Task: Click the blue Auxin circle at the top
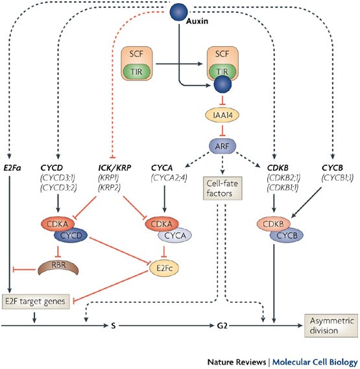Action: pyautogui.click(x=179, y=12)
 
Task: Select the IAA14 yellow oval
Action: pyautogui.click(x=222, y=115)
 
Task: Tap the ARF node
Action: pyautogui.click(x=222, y=146)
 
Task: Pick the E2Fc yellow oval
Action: pyautogui.click(x=164, y=268)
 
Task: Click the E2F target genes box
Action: pyautogui.click(x=36, y=302)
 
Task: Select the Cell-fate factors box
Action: pyautogui.click(x=222, y=188)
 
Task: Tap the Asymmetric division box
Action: pyautogui.click(x=331, y=326)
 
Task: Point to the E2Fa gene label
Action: pyautogui.click(x=12, y=168)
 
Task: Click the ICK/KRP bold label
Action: pyautogui.click(x=115, y=168)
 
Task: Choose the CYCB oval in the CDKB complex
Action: pyautogui.click(x=287, y=235)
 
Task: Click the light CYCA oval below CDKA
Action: pyautogui.click(x=174, y=235)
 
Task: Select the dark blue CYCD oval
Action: pyautogui.click(x=71, y=235)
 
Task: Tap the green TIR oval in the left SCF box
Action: pyautogui.click(x=137, y=71)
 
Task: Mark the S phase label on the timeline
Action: pyautogui.click(x=114, y=326)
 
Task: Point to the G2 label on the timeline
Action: pyautogui.click(x=222, y=326)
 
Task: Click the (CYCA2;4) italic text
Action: pyautogui.click(x=169, y=178)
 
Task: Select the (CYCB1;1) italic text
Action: pyautogui.click(x=337, y=178)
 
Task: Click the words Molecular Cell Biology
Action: pyautogui.click(x=315, y=362)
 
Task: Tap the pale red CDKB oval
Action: pyautogui.click(x=273, y=224)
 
